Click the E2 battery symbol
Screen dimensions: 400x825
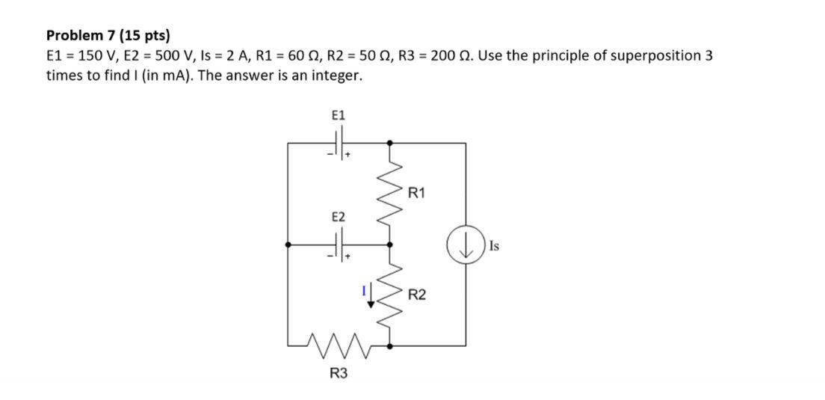pos(341,244)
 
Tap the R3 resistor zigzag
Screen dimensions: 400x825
pos(339,345)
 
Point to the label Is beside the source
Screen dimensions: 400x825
pos(495,245)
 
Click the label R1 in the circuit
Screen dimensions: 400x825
pos(417,193)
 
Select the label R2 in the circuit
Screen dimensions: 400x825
pos(417,295)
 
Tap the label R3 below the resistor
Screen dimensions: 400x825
pos(339,373)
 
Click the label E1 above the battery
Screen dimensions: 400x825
pos(339,115)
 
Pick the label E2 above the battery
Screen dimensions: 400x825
pos(339,217)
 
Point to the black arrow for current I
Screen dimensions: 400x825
pos(371,298)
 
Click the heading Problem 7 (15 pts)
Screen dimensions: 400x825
pos(108,35)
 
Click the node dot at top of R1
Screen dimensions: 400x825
pos(390,141)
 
